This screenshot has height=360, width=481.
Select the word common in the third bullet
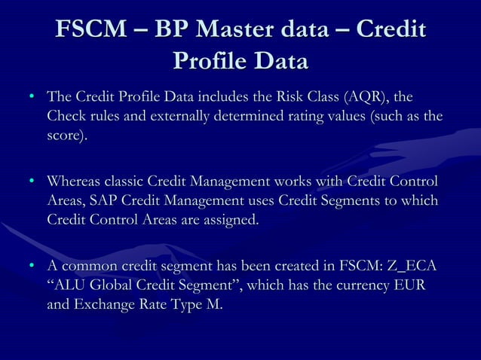[x=90, y=267]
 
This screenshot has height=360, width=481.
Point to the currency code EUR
[x=418, y=286]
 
